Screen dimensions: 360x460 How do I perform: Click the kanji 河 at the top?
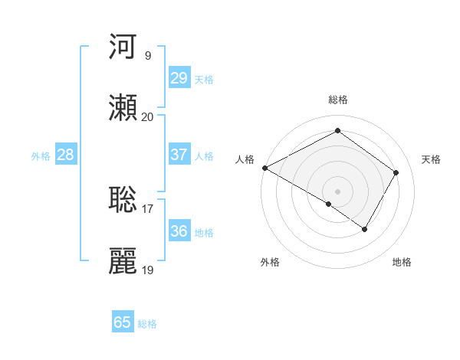tap(123, 47)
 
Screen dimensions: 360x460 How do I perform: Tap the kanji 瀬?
tap(123, 108)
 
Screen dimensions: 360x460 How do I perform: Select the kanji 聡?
tap(123, 199)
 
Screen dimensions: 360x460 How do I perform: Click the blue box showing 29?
tap(179, 78)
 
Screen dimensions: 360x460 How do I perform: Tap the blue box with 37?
tap(179, 154)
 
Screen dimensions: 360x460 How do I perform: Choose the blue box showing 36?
tap(179, 231)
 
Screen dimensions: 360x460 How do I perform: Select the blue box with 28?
tap(65, 155)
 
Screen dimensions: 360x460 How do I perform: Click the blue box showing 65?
tap(123, 322)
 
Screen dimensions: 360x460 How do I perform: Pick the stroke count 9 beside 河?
tap(147, 55)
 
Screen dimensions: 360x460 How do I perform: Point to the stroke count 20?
tap(147, 116)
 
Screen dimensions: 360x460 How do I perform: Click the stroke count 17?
tap(147, 208)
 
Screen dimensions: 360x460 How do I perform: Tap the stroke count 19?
tap(147, 270)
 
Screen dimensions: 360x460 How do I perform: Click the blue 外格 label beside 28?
tap(41, 156)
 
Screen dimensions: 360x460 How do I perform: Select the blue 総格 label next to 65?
tap(147, 324)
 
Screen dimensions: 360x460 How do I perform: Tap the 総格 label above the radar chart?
tap(337, 100)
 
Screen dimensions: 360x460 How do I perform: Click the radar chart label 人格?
tap(245, 159)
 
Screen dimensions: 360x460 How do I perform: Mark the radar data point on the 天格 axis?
tap(396, 173)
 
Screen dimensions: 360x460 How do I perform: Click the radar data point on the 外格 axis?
tap(329, 204)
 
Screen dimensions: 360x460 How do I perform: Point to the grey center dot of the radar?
tap(337, 191)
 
